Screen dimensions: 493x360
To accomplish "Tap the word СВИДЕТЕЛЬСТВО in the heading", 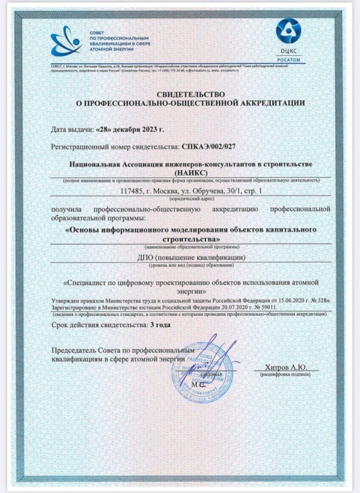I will pyautogui.click(x=191, y=94).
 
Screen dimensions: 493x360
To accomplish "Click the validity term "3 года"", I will pyautogui.click(x=161, y=324).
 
